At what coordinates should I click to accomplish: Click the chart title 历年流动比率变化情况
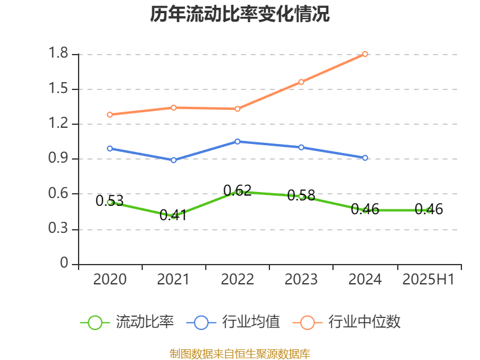240,14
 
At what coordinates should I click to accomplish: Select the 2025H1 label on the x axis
428,280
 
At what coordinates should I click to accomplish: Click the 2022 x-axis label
238,280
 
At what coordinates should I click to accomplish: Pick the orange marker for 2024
365,54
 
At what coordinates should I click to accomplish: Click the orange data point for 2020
110,114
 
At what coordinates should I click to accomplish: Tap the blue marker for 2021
173,160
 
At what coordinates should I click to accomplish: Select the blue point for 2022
238,142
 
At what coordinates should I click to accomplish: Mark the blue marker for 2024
365,158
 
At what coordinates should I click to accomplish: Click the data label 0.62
238,191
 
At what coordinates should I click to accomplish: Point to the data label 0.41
173,215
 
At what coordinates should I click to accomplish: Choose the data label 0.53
109,201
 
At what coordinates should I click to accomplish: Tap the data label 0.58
301,196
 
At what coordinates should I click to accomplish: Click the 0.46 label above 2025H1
428,209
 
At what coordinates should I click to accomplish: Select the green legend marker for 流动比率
95,322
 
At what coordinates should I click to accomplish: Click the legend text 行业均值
251,322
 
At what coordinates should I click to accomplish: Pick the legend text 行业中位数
364,322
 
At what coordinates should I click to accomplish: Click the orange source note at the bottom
240,353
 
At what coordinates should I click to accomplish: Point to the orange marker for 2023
301,82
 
